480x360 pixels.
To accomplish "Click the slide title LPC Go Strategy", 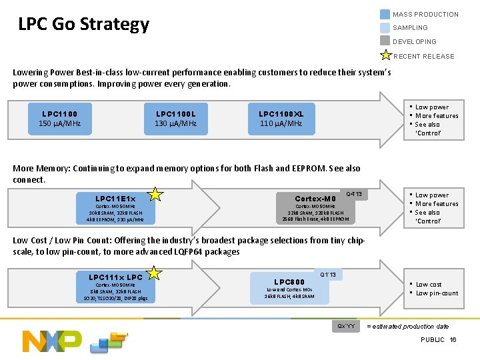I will point(83,25).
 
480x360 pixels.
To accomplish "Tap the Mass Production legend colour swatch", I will point(385,14).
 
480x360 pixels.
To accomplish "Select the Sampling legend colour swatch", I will point(385,28).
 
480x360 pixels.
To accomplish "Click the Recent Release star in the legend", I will point(385,55).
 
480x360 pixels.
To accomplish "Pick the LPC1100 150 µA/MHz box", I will point(59,119).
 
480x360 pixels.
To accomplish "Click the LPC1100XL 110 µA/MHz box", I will point(281,119).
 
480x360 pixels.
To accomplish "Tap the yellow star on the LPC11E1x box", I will point(155,194).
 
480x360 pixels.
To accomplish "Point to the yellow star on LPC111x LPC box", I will point(155,273).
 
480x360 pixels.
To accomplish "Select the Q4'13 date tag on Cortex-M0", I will point(353,194).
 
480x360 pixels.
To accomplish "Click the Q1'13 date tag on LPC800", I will point(328,274).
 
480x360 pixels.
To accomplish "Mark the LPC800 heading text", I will point(289,281).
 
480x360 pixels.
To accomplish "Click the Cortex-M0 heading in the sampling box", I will point(316,199).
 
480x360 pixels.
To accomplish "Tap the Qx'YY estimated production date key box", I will point(347,326).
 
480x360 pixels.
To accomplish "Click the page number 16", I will point(453,340).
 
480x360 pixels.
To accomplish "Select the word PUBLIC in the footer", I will point(433,340).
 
